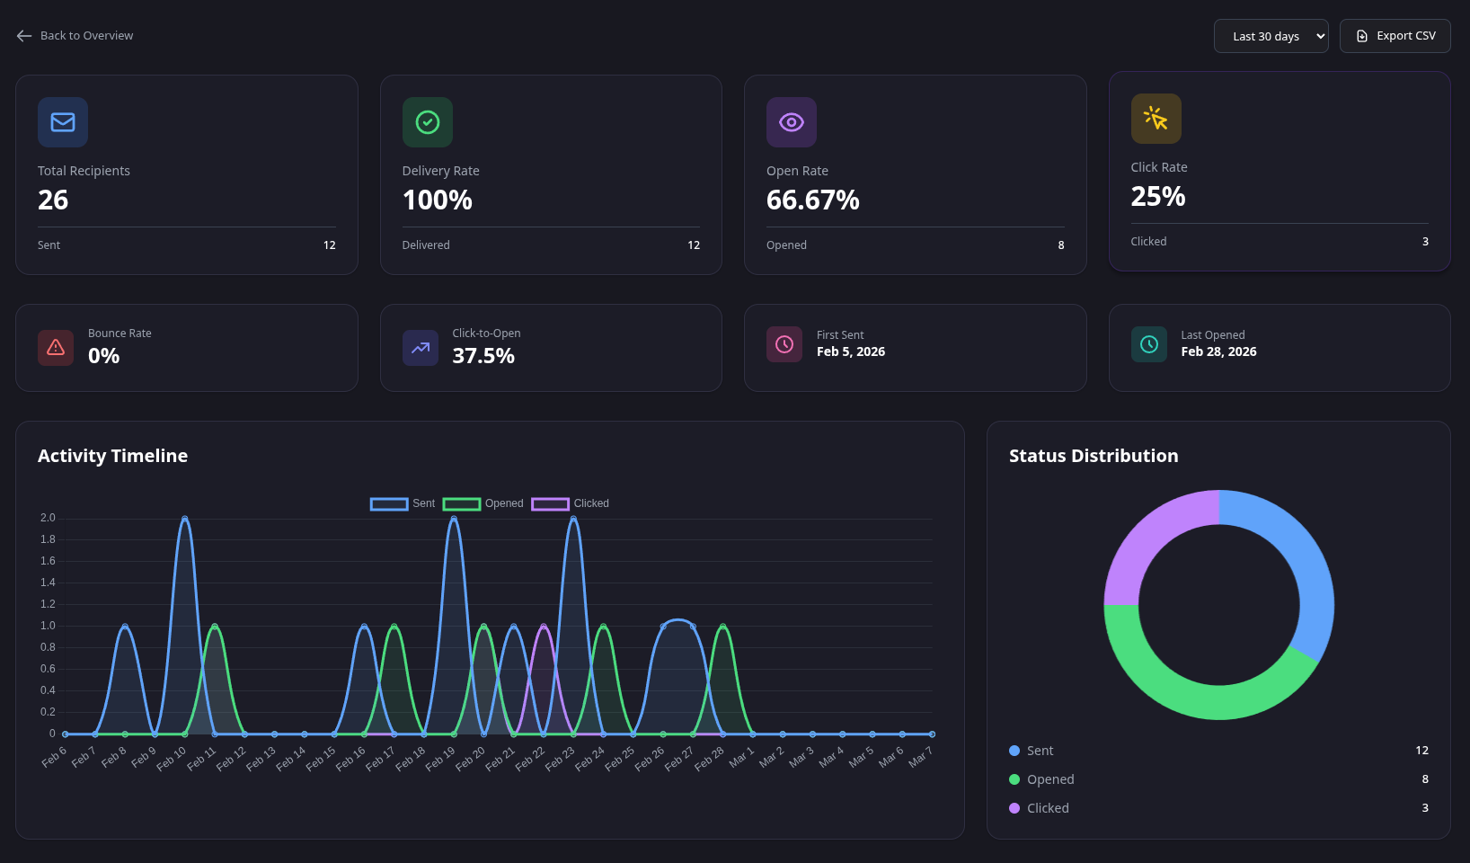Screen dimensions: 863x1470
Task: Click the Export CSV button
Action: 1395,36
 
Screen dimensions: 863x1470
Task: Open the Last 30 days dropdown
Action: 1270,36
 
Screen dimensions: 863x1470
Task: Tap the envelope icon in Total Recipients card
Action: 63,122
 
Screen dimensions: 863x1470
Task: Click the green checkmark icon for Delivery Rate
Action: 428,122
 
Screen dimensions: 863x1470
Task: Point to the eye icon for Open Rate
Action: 791,122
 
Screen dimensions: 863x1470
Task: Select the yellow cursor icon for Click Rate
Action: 1156,119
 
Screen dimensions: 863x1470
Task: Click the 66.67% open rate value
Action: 812,200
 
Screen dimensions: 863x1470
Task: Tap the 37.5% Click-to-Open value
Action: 483,356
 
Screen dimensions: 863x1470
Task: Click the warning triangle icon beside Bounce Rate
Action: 56,348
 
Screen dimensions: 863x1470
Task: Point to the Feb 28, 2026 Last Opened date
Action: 1218,351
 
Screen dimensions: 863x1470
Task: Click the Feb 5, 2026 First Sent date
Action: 850,351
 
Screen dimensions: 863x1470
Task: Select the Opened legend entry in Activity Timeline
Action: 483,503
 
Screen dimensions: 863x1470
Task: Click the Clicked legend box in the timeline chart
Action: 550,503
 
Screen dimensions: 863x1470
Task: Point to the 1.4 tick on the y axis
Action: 48,583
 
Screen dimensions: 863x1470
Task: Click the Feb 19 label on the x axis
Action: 441,758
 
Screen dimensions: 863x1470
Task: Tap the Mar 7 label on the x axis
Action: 920,757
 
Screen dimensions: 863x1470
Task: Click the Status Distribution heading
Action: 1093,456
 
